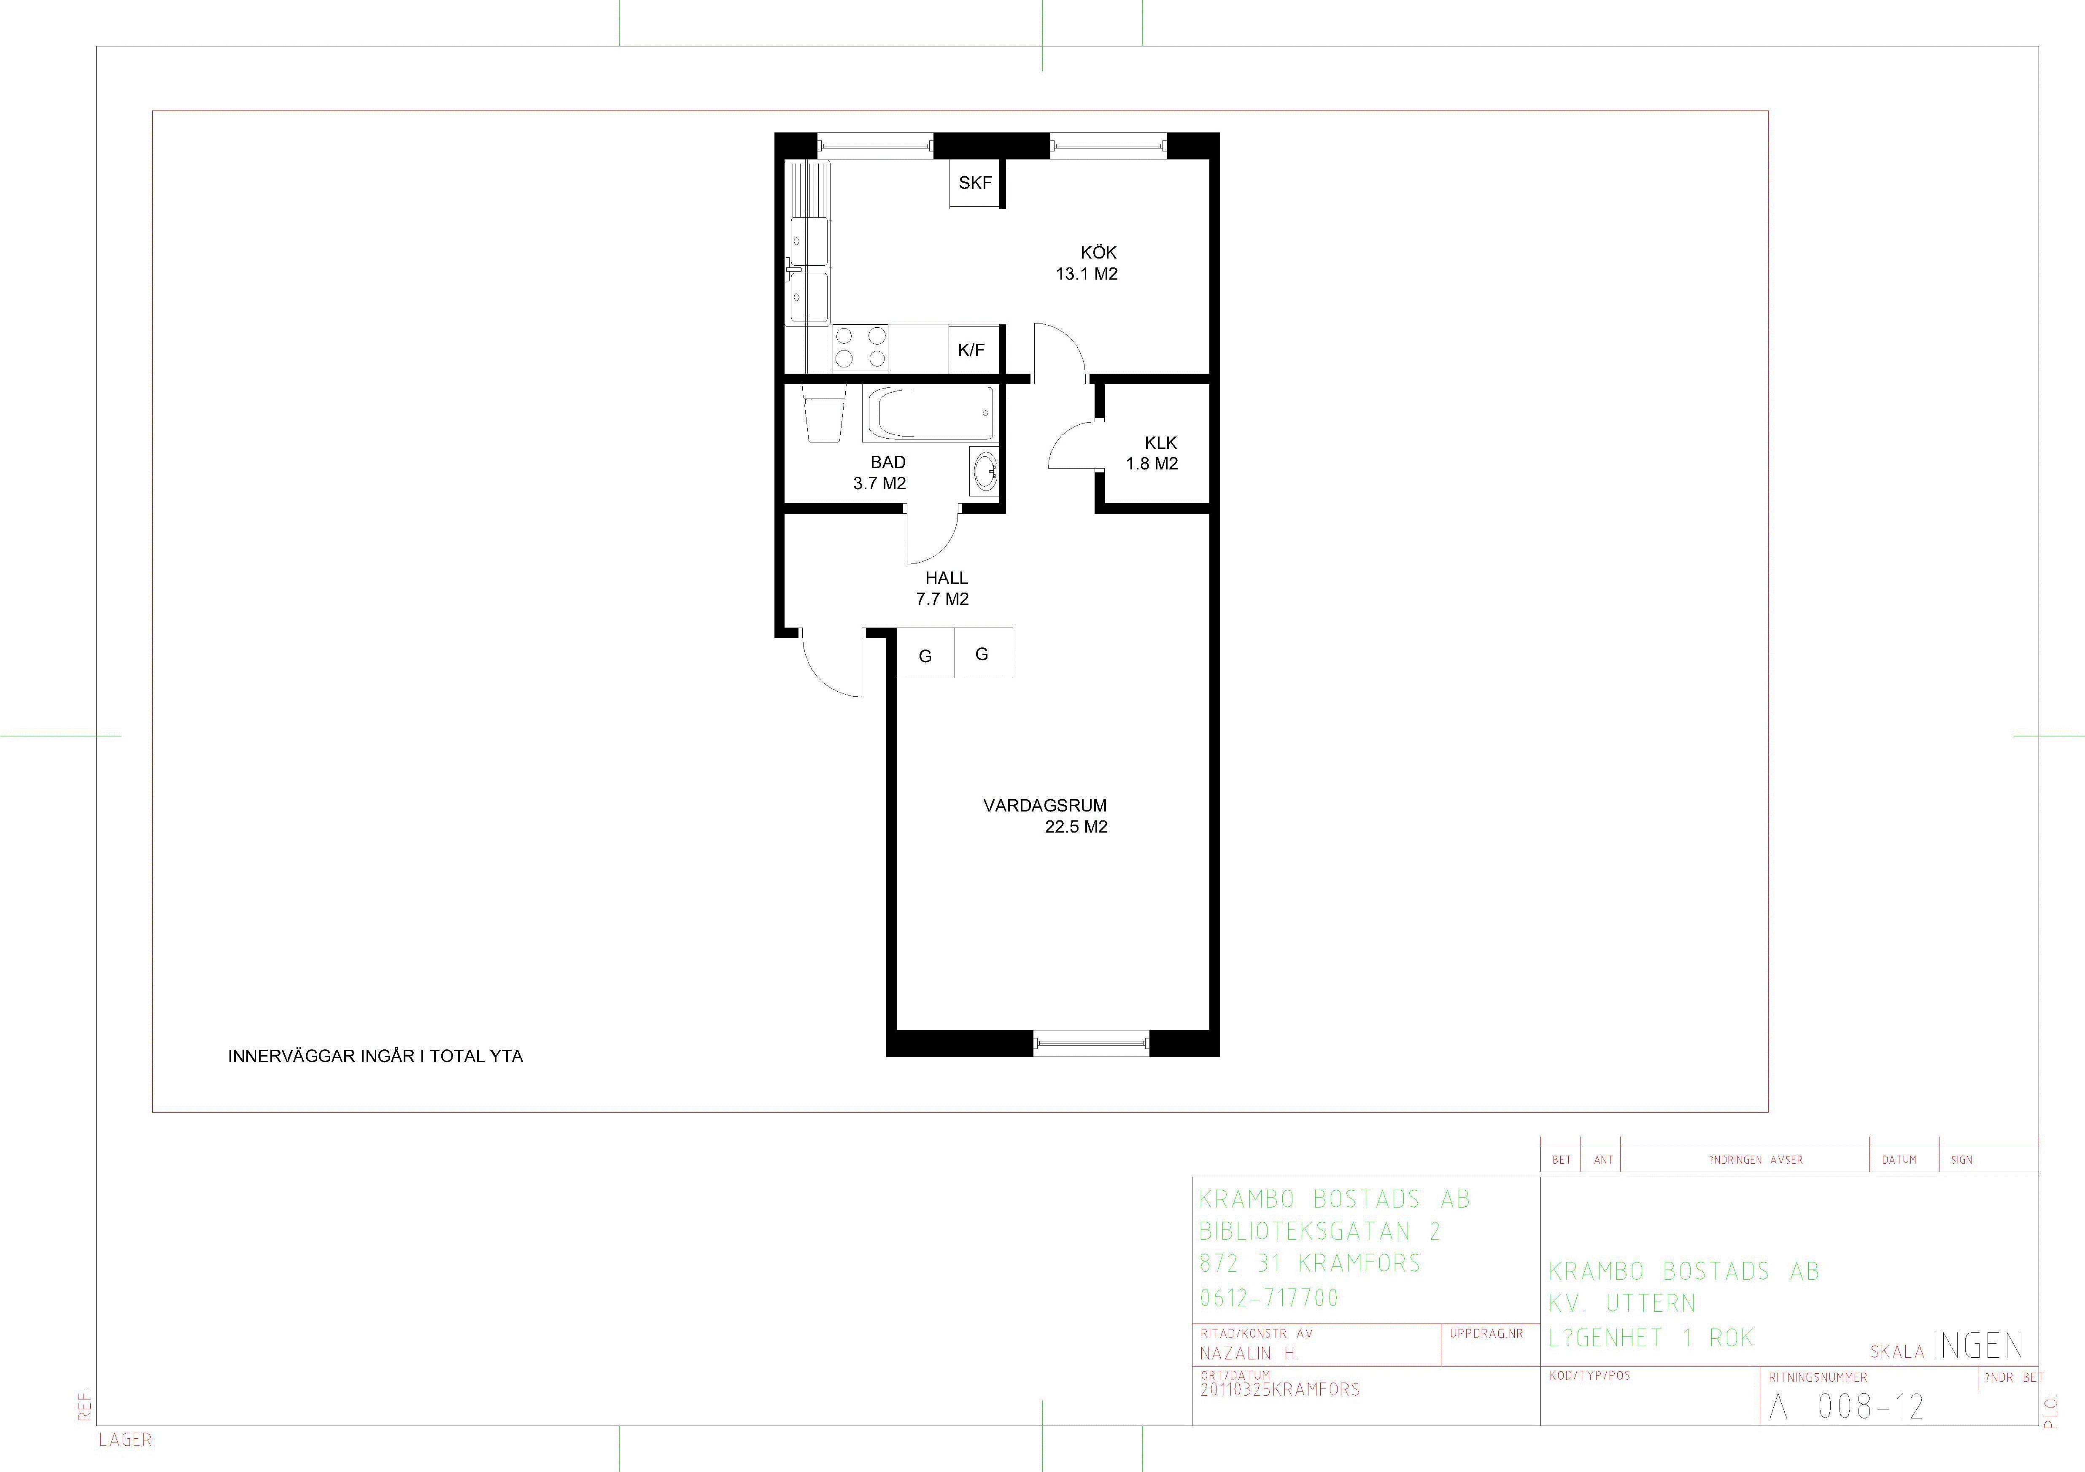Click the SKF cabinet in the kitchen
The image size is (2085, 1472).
coord(975,183)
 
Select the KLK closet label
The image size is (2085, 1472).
coord(1160,443)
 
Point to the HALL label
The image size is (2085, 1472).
coord(946,577)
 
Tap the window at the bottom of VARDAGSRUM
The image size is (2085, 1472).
coord(1092,1043)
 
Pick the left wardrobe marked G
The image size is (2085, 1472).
coord(925,653)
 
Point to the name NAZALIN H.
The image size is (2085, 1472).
coord(1249,1353)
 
